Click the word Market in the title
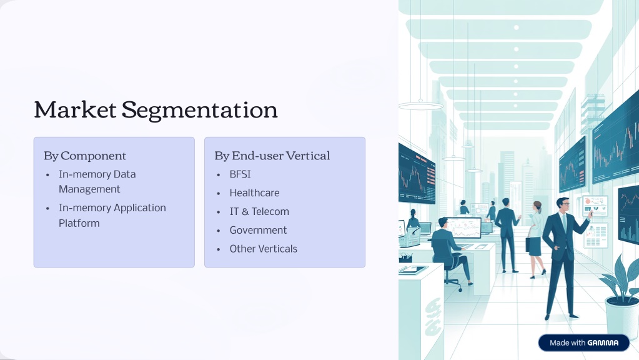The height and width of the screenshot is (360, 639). click(75, 109)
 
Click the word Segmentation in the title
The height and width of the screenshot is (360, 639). click(200, 111)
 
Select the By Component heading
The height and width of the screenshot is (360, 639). click(85, 156)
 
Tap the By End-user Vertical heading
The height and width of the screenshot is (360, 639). click(272, 156)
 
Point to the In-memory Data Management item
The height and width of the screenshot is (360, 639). click(97, 182)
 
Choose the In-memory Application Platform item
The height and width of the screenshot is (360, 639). click(112, 215)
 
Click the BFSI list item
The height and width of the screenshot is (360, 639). click(240, 174)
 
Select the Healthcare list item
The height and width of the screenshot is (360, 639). click(254, 193)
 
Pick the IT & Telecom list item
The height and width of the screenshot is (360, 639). click(259, 212)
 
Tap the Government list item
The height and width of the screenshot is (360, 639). click(258, 231)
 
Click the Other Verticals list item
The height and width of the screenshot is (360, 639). click(263, 249)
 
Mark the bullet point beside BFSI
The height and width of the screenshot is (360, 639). click(219, 175)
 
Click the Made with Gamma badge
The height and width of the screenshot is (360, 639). click(583, 343)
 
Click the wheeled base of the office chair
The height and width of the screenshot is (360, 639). click(453, 284)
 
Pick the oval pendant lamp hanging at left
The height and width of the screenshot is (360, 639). click(420, 106)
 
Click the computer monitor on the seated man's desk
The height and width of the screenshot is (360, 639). click(463, 228)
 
